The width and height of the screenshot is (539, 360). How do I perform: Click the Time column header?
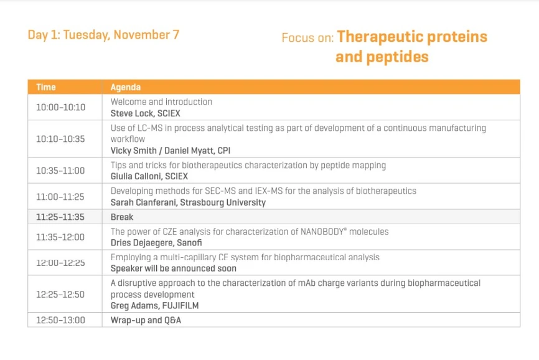coord(46,87)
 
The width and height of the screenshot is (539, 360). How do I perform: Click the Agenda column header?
coord(126,87)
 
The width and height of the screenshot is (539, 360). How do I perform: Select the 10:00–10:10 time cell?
coord(60,107)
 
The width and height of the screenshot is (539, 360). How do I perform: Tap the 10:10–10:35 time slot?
coord(60,139)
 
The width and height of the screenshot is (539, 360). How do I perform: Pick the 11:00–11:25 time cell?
coord(60,197)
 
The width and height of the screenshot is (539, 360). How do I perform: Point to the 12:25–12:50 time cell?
coord(60,294)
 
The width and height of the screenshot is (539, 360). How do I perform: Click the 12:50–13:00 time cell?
coord(60,320)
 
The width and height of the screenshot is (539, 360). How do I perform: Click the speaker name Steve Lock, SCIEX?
coord(145,113)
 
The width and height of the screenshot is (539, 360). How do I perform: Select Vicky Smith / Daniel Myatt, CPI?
coord(171,151)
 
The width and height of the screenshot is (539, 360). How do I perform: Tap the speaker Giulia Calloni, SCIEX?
coord(149,176)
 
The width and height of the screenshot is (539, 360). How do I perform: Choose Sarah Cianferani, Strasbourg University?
coord(188,202)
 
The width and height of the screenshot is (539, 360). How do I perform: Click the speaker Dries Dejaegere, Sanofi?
coord(156,243)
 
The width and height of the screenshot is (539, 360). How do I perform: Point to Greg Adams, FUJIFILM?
coord(154,305)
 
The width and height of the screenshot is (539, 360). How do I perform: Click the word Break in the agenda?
coord(122,217)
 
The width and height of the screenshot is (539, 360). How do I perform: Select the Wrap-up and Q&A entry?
coord(146,320)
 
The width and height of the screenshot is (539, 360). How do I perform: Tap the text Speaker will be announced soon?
coord(174,268)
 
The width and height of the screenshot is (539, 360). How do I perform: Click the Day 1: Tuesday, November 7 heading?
coord(103,35)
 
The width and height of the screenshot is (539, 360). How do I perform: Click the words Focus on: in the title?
coord(307,38)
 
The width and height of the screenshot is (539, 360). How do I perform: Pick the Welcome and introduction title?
coord(161,102)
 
